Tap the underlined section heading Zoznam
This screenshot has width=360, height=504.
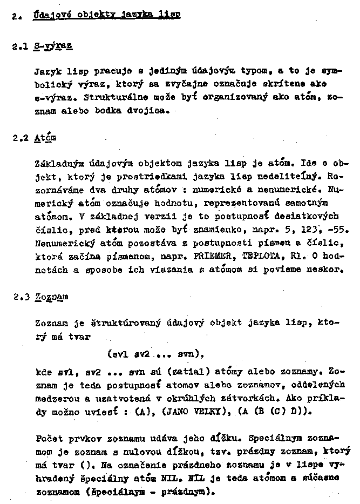click(50, 297)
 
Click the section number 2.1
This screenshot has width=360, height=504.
click(19, 47)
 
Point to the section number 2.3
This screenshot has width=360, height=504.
click(19, 297)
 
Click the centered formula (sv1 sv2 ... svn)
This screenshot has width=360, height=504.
click(155, 354)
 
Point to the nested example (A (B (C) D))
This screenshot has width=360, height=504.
click(269, 411)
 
